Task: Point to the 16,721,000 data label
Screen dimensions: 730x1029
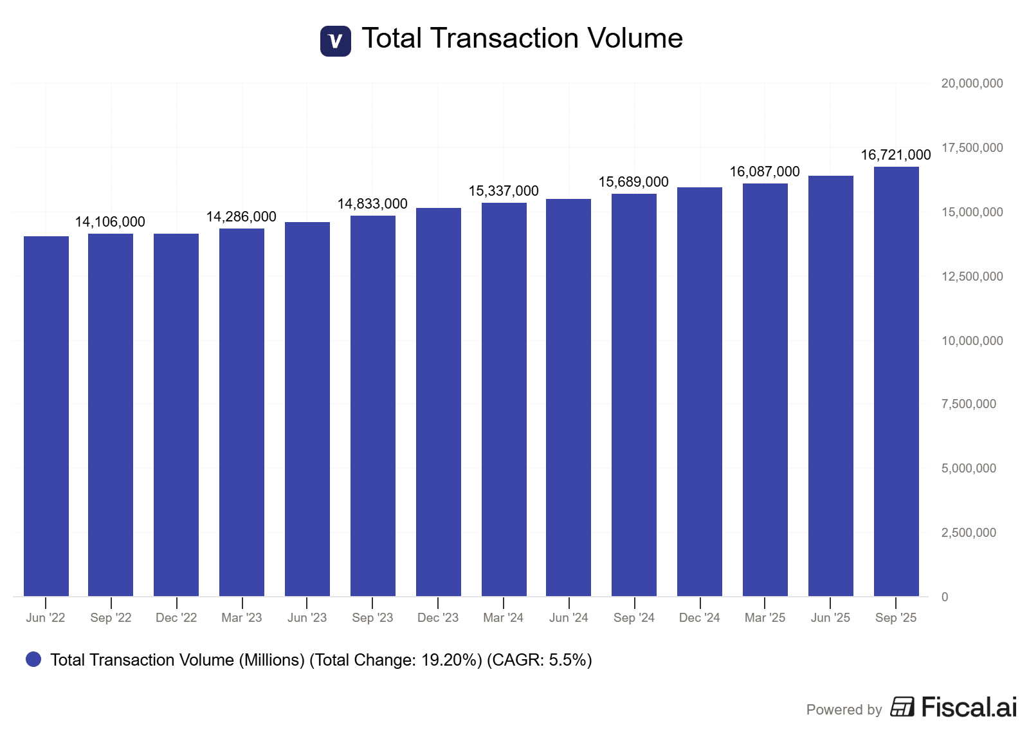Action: click(x=895, y=155)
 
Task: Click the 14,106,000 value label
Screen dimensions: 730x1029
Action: click(x=110, y=222)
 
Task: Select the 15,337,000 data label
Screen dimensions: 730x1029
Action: click(x=504, y=191)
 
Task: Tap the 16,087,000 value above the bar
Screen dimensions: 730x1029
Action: click(x=765, y=172)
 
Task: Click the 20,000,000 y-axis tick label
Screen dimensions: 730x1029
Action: click(x=972, y=83)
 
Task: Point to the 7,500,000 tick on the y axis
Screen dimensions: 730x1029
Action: click(x=969, y=404)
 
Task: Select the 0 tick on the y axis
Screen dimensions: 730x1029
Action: click(x=945, y=597)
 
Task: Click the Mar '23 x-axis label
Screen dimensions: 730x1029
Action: click(x=242, y=618)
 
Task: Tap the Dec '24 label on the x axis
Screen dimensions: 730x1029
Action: click(x=700, y=618)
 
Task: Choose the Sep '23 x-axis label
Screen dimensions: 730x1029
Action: click(x=372, y=618)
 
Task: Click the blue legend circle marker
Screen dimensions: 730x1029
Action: click(x=33, y=659)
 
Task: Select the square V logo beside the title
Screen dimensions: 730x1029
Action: click(x=336, y=41)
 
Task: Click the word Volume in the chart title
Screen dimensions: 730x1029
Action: click(x=634, y=39)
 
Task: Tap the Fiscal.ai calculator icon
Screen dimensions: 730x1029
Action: click(x=902, y=707)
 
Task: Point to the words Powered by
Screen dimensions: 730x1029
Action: click(x=844, y=709)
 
